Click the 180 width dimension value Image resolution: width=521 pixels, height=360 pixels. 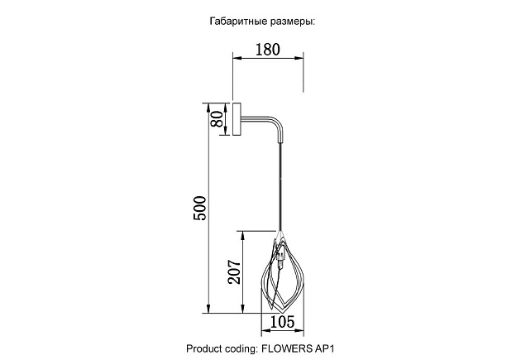point(266,49)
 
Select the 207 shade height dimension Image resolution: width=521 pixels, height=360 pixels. point(235,271)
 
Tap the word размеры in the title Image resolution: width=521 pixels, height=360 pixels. point(291,22)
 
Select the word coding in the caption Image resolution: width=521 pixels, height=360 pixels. point(244,349)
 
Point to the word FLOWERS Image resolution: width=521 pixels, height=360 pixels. point(290,349)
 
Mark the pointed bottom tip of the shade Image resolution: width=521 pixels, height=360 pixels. point(283,308)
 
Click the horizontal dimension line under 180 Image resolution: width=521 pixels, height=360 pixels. point(267,60)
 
